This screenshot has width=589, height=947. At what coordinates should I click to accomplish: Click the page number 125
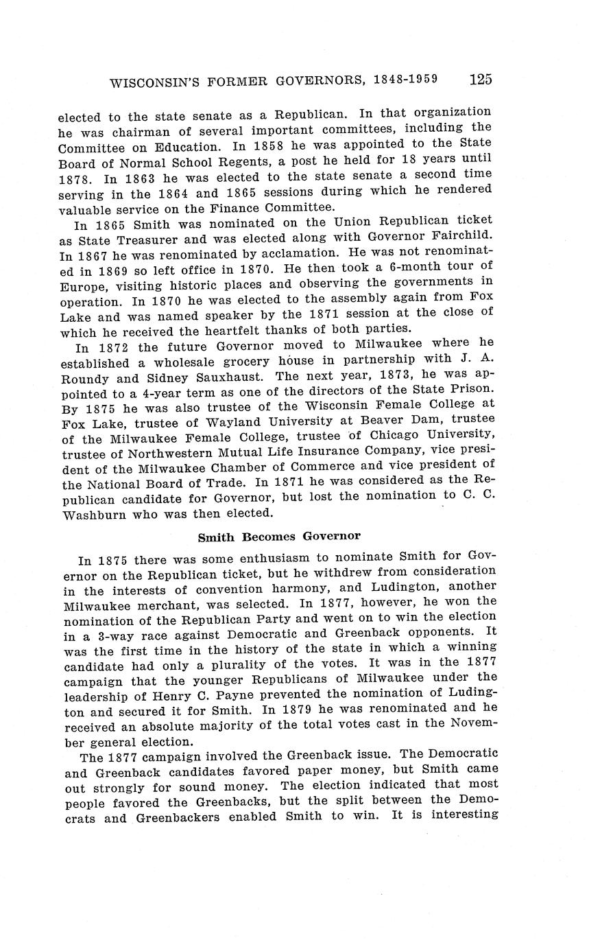point(480,79)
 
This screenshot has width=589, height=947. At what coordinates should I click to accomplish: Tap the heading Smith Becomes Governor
point(278,536)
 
